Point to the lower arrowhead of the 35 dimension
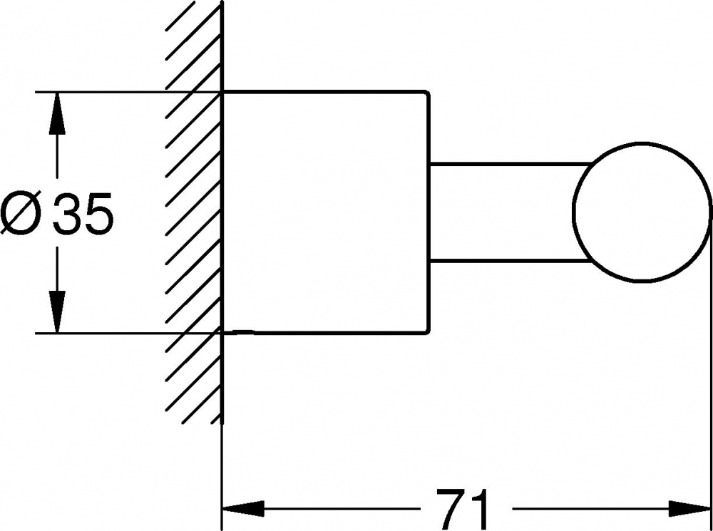tap(58, 312)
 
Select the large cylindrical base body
tap(325, 212)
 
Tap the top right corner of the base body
tap(428, 92)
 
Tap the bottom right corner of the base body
tap(428, 332)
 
